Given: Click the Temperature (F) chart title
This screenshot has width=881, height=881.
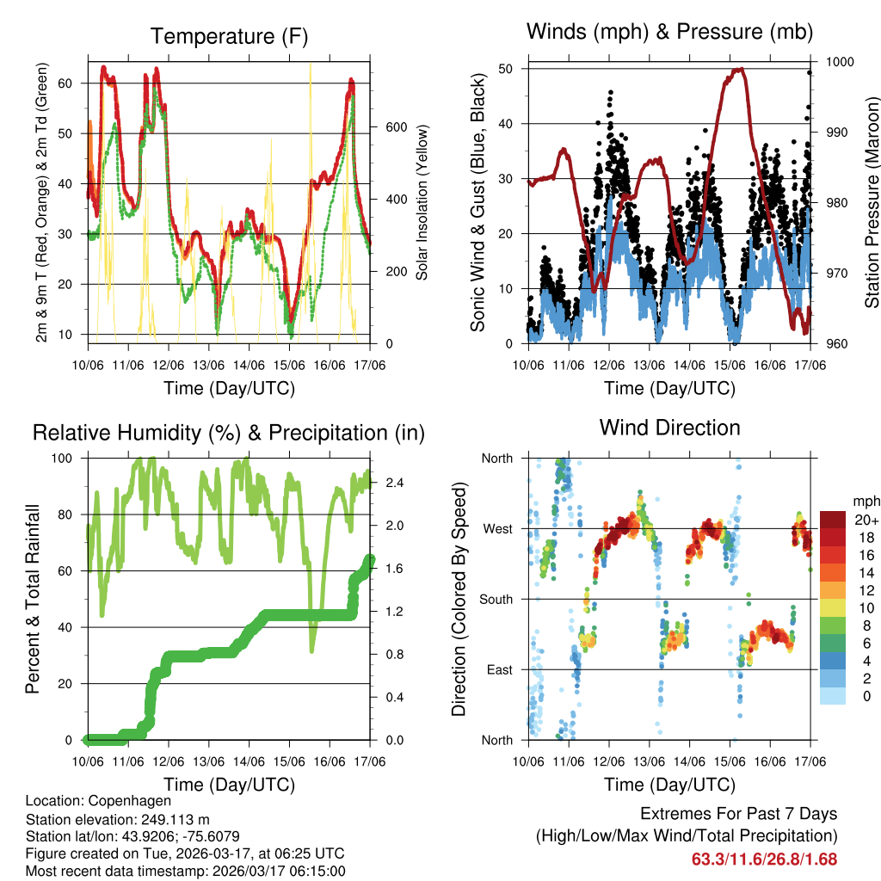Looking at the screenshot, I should pos(229,36).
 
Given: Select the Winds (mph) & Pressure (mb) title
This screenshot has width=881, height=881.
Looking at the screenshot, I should pos(669,32).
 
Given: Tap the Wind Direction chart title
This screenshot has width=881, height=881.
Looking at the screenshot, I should pos(669,427).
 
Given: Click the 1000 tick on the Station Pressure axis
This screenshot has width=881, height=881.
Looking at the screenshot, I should pos(838,62).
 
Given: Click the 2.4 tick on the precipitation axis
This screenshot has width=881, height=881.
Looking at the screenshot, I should pos(384,483).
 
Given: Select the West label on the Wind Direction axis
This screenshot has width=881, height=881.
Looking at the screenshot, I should pos(497,528).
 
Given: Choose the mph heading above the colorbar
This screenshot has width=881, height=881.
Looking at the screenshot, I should pos(865,501).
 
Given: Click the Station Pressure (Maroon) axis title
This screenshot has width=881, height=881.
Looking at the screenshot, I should pos(872,204).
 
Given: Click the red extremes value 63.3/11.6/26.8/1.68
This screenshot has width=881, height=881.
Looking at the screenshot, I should pos(764,859).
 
